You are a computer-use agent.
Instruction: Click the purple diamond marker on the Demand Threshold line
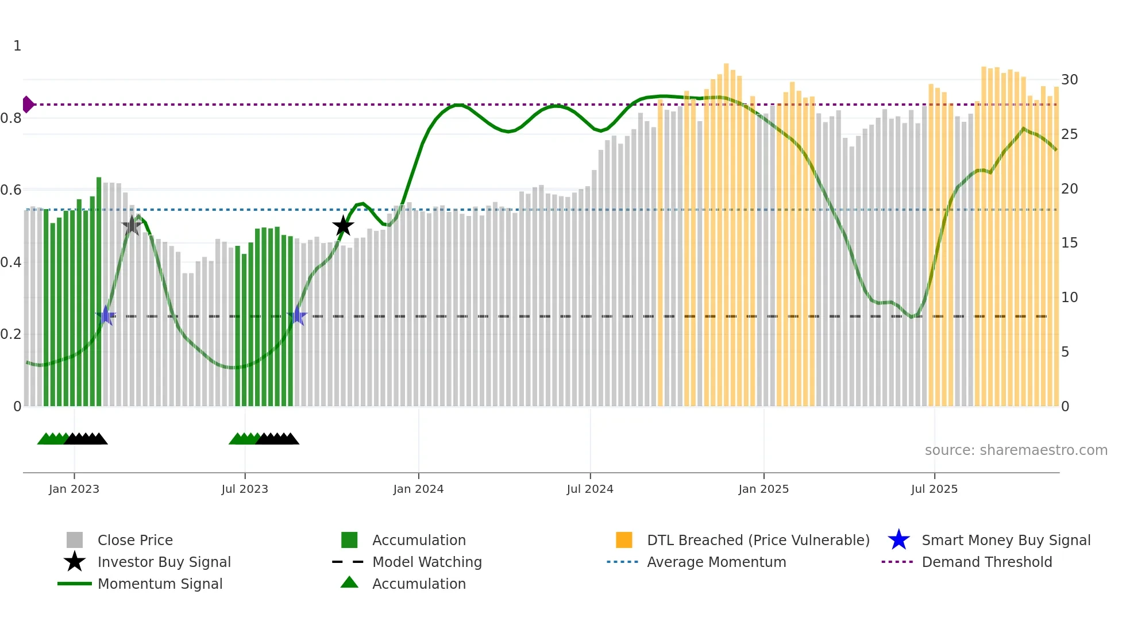(28, 105)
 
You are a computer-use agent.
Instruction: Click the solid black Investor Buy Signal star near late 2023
(343, 226)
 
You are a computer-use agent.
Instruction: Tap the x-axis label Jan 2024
(418, 489)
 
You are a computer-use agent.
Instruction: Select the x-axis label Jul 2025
(934, 489)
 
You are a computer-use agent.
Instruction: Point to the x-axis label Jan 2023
(74, 489)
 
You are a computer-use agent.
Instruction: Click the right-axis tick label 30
(1069, 80)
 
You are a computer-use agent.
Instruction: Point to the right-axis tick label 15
(1069, 243)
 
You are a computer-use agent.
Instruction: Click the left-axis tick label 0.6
(11, 190)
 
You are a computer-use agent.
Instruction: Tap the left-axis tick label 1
(17, 46)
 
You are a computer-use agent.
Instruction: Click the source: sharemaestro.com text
(1016, 450)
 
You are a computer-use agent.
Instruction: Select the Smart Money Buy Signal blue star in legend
(899, 540)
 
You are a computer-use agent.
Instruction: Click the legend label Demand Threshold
(986, 562)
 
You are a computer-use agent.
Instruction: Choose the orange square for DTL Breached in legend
(624, 540)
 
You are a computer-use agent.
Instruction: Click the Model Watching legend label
(427, 562)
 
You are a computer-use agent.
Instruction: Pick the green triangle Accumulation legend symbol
(349, 582)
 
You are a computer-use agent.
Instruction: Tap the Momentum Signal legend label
(160, 584)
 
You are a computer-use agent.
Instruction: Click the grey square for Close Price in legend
(75, 540)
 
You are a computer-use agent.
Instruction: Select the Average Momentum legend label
(716, 562)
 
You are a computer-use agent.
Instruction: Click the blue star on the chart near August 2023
(297, 315)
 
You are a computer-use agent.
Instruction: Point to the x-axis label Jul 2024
(590, 489)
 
